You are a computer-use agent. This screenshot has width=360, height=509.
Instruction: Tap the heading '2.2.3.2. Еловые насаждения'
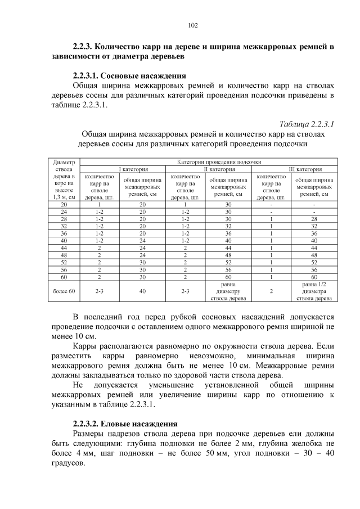coord(125,424)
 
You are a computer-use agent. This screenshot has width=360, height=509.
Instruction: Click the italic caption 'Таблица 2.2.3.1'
coord(307,124)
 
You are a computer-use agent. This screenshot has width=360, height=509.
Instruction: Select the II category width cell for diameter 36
coord(228,233)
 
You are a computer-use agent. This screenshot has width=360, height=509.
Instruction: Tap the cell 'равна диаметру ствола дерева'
coord(228,291)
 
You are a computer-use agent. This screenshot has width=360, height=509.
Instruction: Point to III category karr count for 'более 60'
coord(271,291)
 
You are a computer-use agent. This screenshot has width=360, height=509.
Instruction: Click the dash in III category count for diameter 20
coord(271,204)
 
